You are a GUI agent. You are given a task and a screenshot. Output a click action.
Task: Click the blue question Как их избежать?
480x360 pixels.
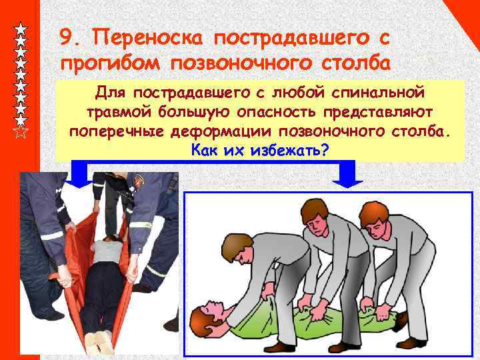[x=259, y=150]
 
